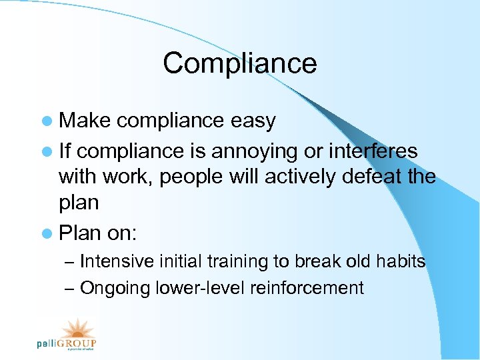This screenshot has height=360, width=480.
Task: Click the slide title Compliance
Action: click(x=239, y=63)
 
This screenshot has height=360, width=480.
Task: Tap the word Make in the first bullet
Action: click(x=85, y=121)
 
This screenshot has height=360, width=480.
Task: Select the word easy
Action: click(x=253, y=121)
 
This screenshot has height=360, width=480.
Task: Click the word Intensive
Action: click(x=117, y=261)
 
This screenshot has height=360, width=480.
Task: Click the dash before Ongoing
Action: click(x=70, y=289)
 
